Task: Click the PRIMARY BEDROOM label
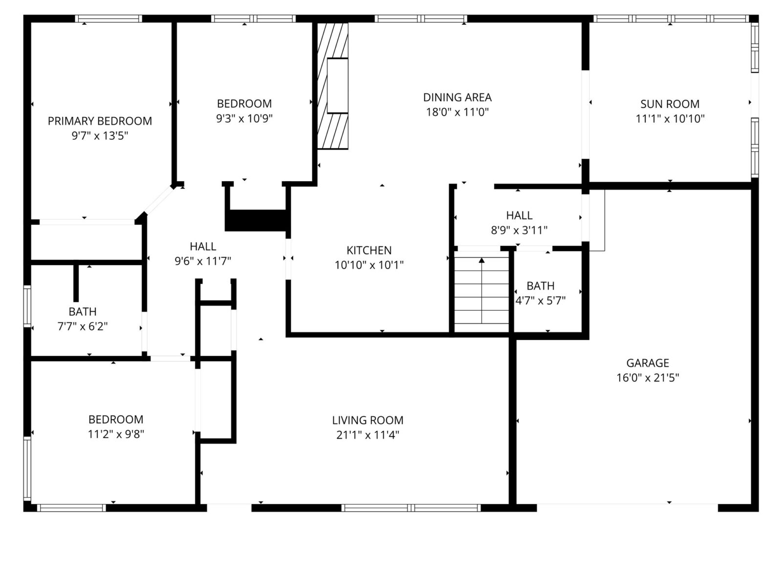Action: [x=100, y=121]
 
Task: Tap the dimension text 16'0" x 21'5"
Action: [x=648, y=377]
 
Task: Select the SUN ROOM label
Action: [x=670, y=104]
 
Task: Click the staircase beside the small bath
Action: [x=482, y=292]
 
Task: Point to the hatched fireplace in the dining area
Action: [x=333, y=86]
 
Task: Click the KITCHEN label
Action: [x=369, y=251]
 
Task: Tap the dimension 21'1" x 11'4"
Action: [x=368, y=435]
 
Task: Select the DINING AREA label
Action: [x=457, y=97]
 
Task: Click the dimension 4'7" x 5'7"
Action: [x=541, y=301]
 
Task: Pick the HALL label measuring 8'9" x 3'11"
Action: [x=519, y=215]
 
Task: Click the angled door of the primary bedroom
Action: [x=157, y=201]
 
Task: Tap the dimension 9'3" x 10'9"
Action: [x=244, y=118]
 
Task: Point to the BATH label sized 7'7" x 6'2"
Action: [x=83, y=312]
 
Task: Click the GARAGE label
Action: [x=648, y=363]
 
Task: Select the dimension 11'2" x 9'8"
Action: [x=116, y=434]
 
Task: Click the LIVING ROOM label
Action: [x=368, y=420]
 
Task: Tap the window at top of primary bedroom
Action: [x=109, y=19]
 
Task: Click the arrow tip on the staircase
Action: [x=482, y=260]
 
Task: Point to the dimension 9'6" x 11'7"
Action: [x=203, y=261]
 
